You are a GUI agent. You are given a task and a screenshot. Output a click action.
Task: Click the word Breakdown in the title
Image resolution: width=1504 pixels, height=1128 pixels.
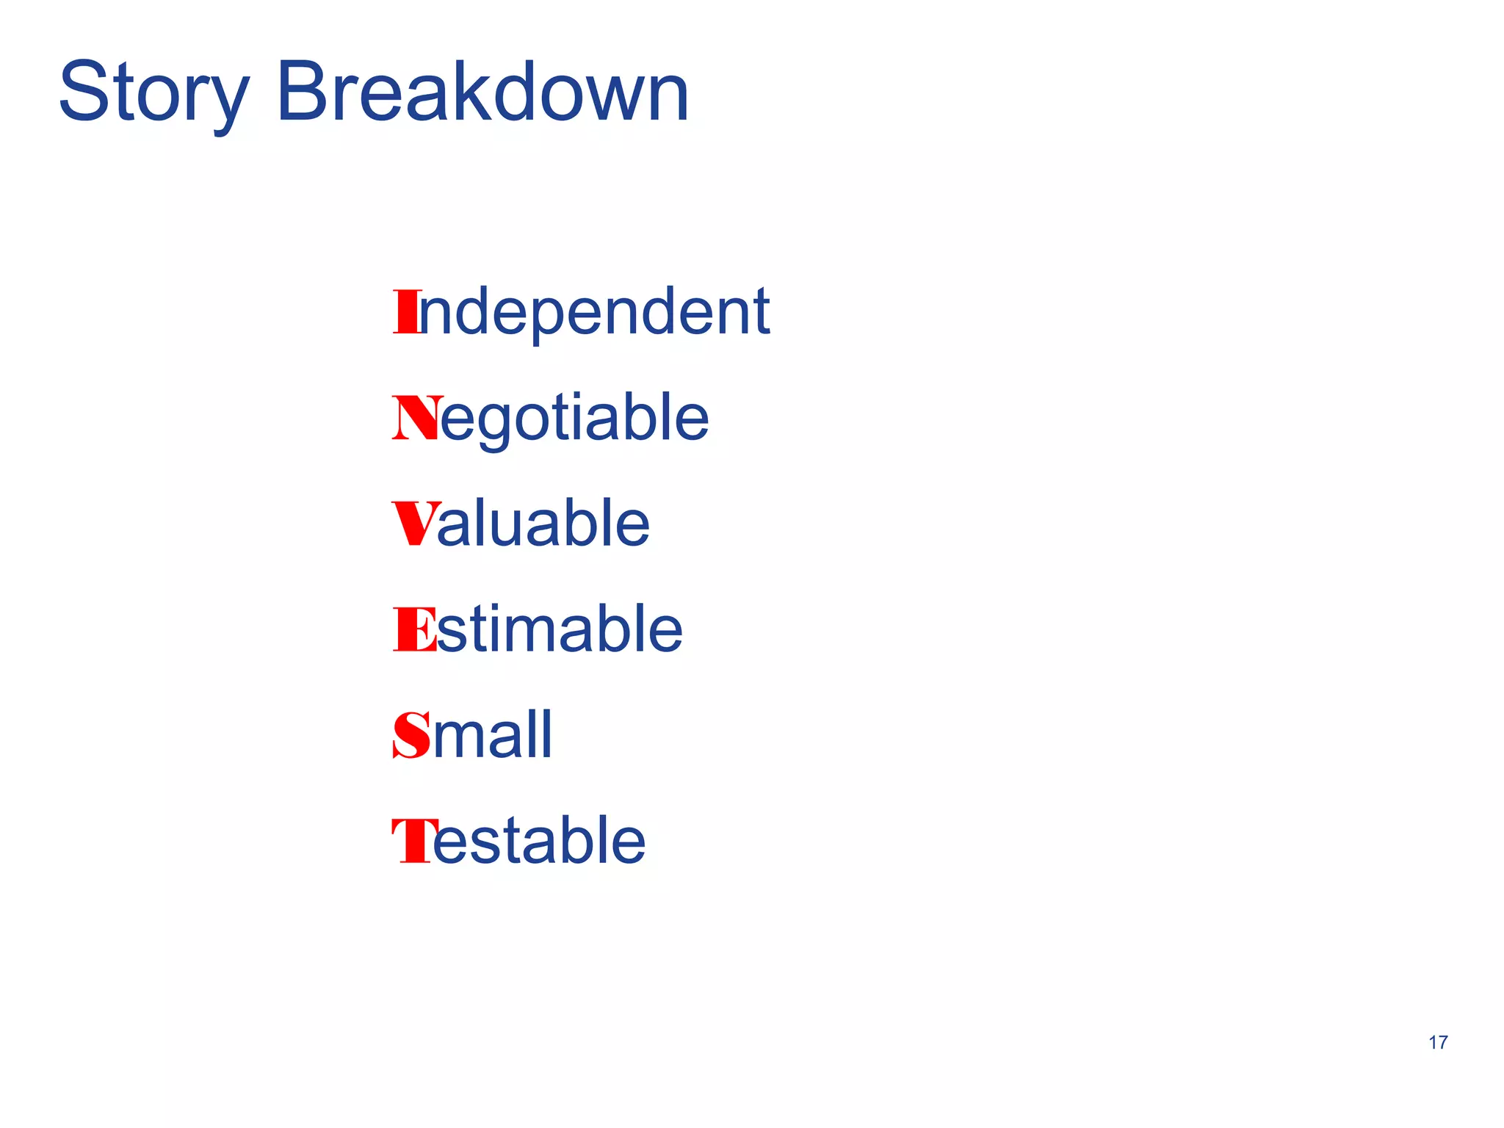coord(482,93)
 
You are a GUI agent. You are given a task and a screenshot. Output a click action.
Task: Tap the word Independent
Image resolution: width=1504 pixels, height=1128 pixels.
coord(581,313)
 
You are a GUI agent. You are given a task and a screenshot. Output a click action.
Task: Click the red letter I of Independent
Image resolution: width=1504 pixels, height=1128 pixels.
coord(405,312)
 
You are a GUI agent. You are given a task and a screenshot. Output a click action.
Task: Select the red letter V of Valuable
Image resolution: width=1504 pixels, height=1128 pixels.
coord(416,524)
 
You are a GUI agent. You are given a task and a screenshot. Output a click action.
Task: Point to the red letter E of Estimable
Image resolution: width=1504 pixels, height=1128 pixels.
coord(414,629)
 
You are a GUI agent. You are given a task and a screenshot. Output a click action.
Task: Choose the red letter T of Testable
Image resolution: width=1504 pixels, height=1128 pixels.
coord(411,841)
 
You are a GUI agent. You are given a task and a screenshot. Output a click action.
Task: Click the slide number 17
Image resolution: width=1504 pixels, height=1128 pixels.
coord(1438,1043)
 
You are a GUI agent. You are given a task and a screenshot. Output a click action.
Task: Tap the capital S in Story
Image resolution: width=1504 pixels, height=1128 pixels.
coord(83,93)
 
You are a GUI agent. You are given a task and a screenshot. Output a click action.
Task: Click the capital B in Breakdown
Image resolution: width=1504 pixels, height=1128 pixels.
coord(303,93)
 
